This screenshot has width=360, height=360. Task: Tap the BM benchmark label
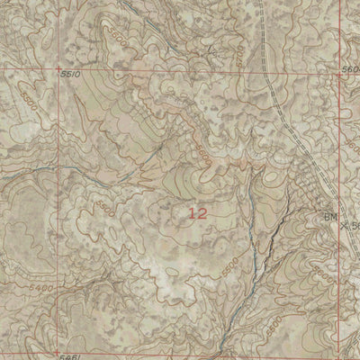(331, 216)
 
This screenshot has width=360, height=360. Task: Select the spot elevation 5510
(71, 75)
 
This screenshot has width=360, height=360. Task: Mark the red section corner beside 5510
(57, 69)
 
